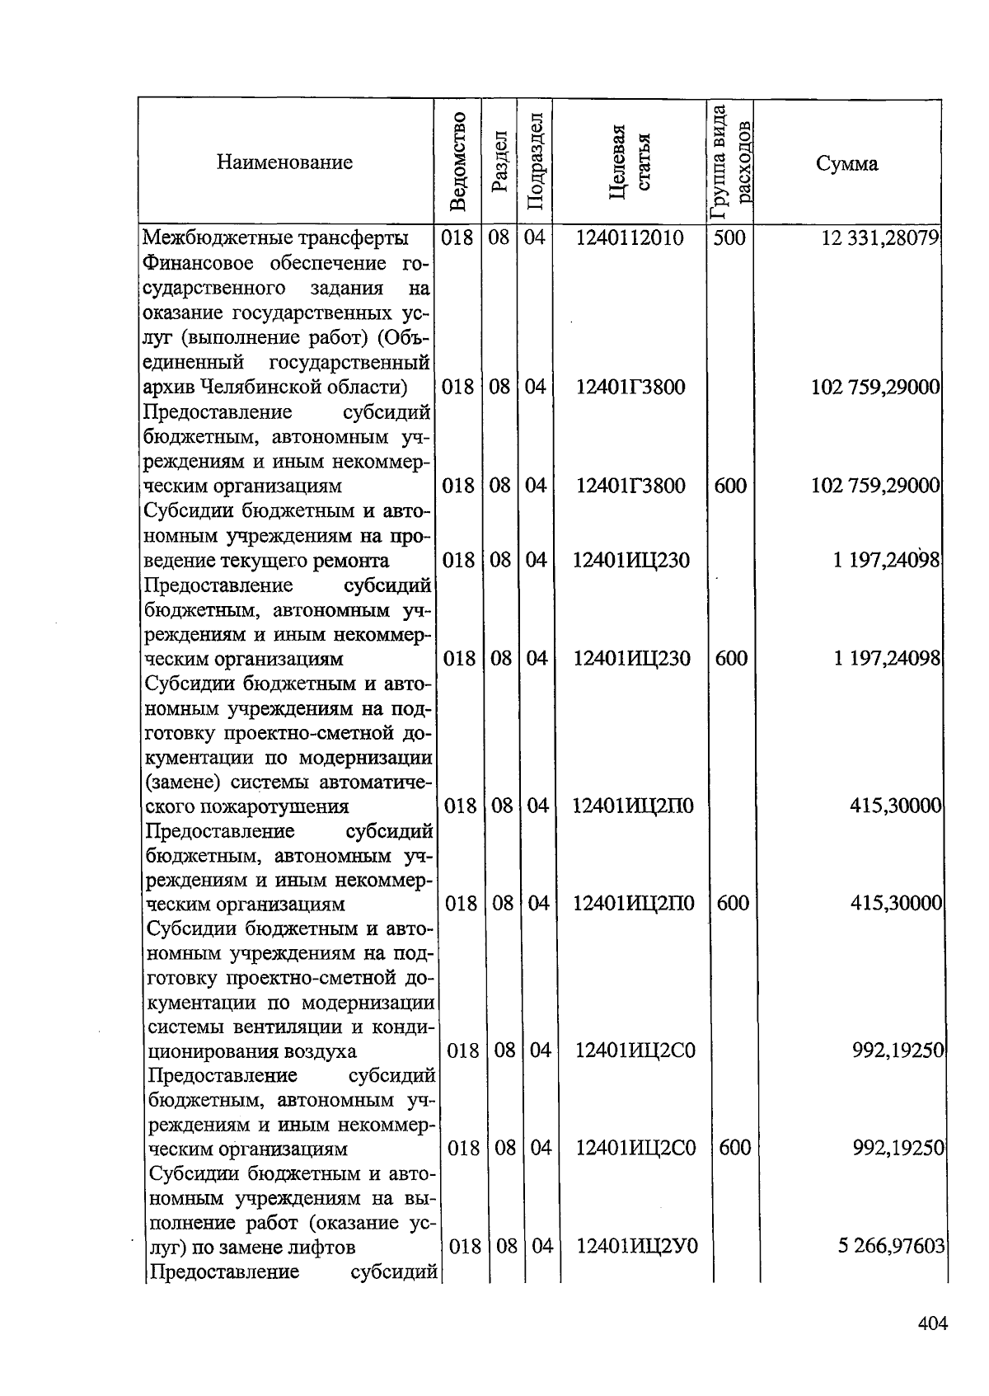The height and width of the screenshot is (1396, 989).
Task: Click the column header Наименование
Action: click(x=284, y=162)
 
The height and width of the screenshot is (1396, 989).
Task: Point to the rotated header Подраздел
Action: click(x=534, y=162)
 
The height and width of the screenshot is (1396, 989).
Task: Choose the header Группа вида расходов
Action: click(x=730, y=162)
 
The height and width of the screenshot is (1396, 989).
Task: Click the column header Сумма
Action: click(x=846, y=163)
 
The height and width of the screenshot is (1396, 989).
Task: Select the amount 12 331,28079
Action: click(x=881, y=239)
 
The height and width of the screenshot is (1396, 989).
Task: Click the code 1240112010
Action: click(x=630, y=239)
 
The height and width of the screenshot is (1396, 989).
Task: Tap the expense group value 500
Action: click(x=729, y=239)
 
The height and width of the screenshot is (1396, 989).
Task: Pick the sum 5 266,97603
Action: click(x=891, y=1246)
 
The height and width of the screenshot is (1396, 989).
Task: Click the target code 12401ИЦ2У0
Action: click(x=636, y=1246)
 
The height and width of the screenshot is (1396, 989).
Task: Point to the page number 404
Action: click(x=933, y=1324)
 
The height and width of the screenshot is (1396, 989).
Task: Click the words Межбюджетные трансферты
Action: click(x=275, y=239)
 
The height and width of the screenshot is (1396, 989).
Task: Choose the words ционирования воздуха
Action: click(x=252, y=1051)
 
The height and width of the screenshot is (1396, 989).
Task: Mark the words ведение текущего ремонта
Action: click(x=266, y=561)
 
